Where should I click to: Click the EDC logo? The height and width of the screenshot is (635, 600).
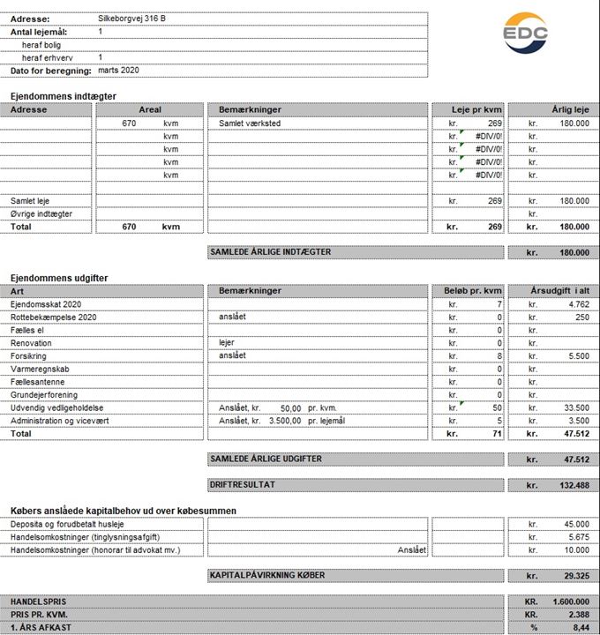pos(525,35)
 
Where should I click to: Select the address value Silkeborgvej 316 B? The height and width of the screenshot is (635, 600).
pos(132,19)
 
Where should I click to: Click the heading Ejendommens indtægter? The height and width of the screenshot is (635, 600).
pos(64,96)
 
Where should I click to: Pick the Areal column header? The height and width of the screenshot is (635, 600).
pos(150,109)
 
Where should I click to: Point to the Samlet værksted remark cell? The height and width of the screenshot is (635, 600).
pos(250,123)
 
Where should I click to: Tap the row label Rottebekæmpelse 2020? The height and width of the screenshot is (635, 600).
pos(54,317)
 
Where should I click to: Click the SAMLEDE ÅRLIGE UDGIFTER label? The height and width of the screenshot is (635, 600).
pos(266,459)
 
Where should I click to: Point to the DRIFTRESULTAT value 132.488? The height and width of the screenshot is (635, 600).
pos(571,486)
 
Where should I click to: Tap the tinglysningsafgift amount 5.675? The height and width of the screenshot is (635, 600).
pos(576,537)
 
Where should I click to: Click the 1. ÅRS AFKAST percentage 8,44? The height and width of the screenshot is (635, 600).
pos(581,627)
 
